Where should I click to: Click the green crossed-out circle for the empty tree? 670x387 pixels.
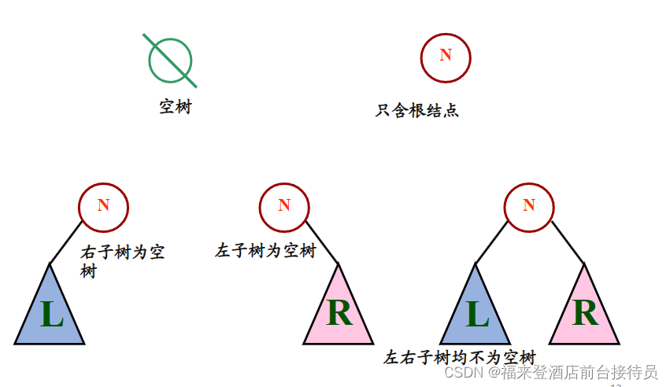[x=170, y=61]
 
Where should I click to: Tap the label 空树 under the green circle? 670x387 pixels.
[x=176, y=107]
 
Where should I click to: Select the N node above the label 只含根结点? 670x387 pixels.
[x=446, y=57]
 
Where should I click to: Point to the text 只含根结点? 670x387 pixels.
[x=417, y=111]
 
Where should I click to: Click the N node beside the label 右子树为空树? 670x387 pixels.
[x=103, y=206]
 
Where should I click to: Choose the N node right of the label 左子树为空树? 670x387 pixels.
[x=284, y=206]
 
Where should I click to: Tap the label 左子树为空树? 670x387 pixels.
[x=265, y=252]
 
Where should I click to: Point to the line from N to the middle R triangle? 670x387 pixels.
[x=322, y=243]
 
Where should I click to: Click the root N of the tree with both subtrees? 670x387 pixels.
[x=528, y=206]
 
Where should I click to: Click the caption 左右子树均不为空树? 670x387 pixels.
[x=460, y=357]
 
